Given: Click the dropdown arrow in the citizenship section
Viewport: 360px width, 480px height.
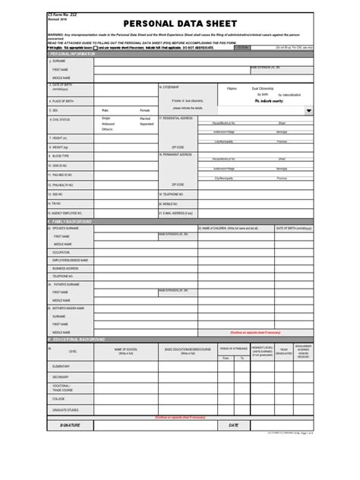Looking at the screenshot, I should pyautogui.click(x=308, y=110).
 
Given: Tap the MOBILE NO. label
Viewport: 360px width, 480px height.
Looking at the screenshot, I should pyautogui.click(x=171, y=204).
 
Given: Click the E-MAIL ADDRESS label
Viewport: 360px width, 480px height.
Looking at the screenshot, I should pyautogui.click(x=177, y=214).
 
